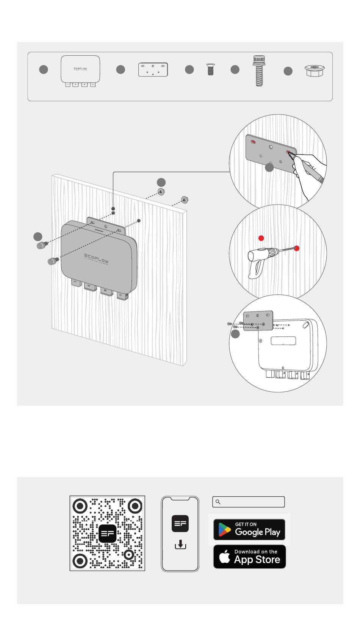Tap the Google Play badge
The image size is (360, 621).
249,529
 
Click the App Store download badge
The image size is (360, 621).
249,557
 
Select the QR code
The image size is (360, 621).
107,533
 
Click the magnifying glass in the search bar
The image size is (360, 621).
218,502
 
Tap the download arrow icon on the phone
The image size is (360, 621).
180,545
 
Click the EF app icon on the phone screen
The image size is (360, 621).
180,524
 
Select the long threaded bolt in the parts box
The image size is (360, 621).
259,71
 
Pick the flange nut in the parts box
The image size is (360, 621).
314,71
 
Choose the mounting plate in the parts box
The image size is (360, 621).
153,70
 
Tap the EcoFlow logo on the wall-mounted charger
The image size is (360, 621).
96,258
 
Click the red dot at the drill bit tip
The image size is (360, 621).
297,248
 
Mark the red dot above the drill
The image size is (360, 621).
261,238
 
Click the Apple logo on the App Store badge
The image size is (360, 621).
225,557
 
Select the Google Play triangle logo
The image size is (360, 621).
224,530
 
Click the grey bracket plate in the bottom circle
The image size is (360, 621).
258,321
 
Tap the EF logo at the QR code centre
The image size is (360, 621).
107,533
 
